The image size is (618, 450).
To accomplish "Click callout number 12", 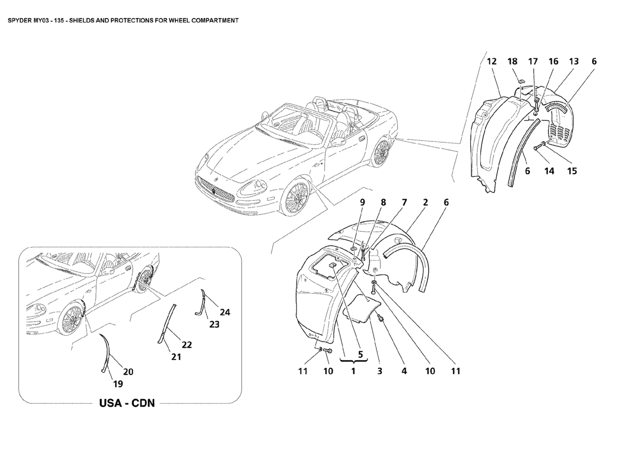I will pos(492,62).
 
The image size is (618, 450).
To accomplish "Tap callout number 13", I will pos(573,62).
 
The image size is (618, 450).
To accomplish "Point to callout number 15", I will pos(571,171).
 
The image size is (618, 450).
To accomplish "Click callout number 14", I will pos(549,171).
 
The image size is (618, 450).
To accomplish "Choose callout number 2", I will pos(425,202).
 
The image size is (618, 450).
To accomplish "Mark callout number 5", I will pos(360,354).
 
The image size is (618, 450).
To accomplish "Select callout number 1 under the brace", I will pos(353,371).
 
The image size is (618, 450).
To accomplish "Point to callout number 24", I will pos(225,312).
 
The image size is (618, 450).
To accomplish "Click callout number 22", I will pos(187,345).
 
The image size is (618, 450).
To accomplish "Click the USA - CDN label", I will pos(127,403).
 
